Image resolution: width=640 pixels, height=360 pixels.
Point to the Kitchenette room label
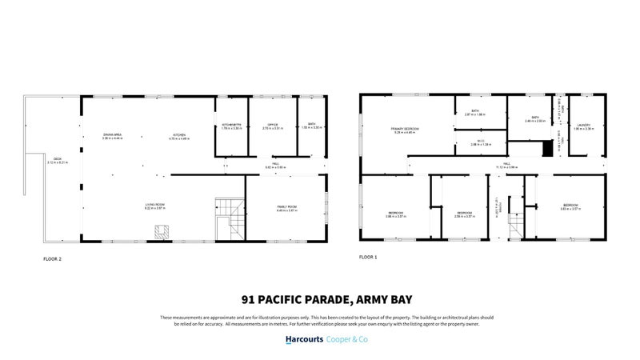click(231, 126)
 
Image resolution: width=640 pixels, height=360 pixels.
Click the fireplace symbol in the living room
click(162, 231)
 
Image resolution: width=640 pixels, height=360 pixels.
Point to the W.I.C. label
click(480, 142)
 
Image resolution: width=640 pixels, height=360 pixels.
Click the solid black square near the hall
click(548, 149)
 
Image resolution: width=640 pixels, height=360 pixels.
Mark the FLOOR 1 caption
click(368, 257)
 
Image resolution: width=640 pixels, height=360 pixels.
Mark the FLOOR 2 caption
click(52, 258)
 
